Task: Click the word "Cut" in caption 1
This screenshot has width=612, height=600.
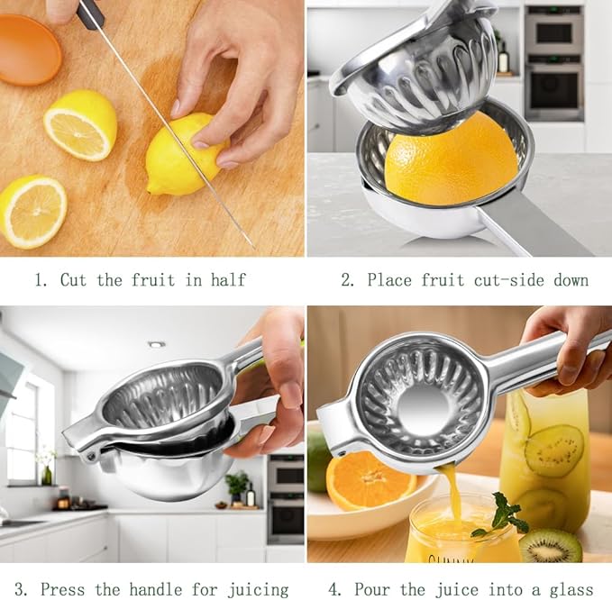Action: (x=73, y=280)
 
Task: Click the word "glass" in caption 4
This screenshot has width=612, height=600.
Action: (x=571, y=590)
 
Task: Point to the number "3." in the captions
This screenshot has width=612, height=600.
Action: (x=20, y=590)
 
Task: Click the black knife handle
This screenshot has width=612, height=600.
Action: (x=90, y=13)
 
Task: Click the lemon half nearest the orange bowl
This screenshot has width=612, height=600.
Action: (x=81, y=124)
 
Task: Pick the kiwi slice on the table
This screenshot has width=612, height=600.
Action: (x=550, y=544)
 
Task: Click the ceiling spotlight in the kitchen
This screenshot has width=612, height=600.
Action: (x=156, y=344)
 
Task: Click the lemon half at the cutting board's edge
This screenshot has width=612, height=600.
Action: (x=32, y=211)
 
